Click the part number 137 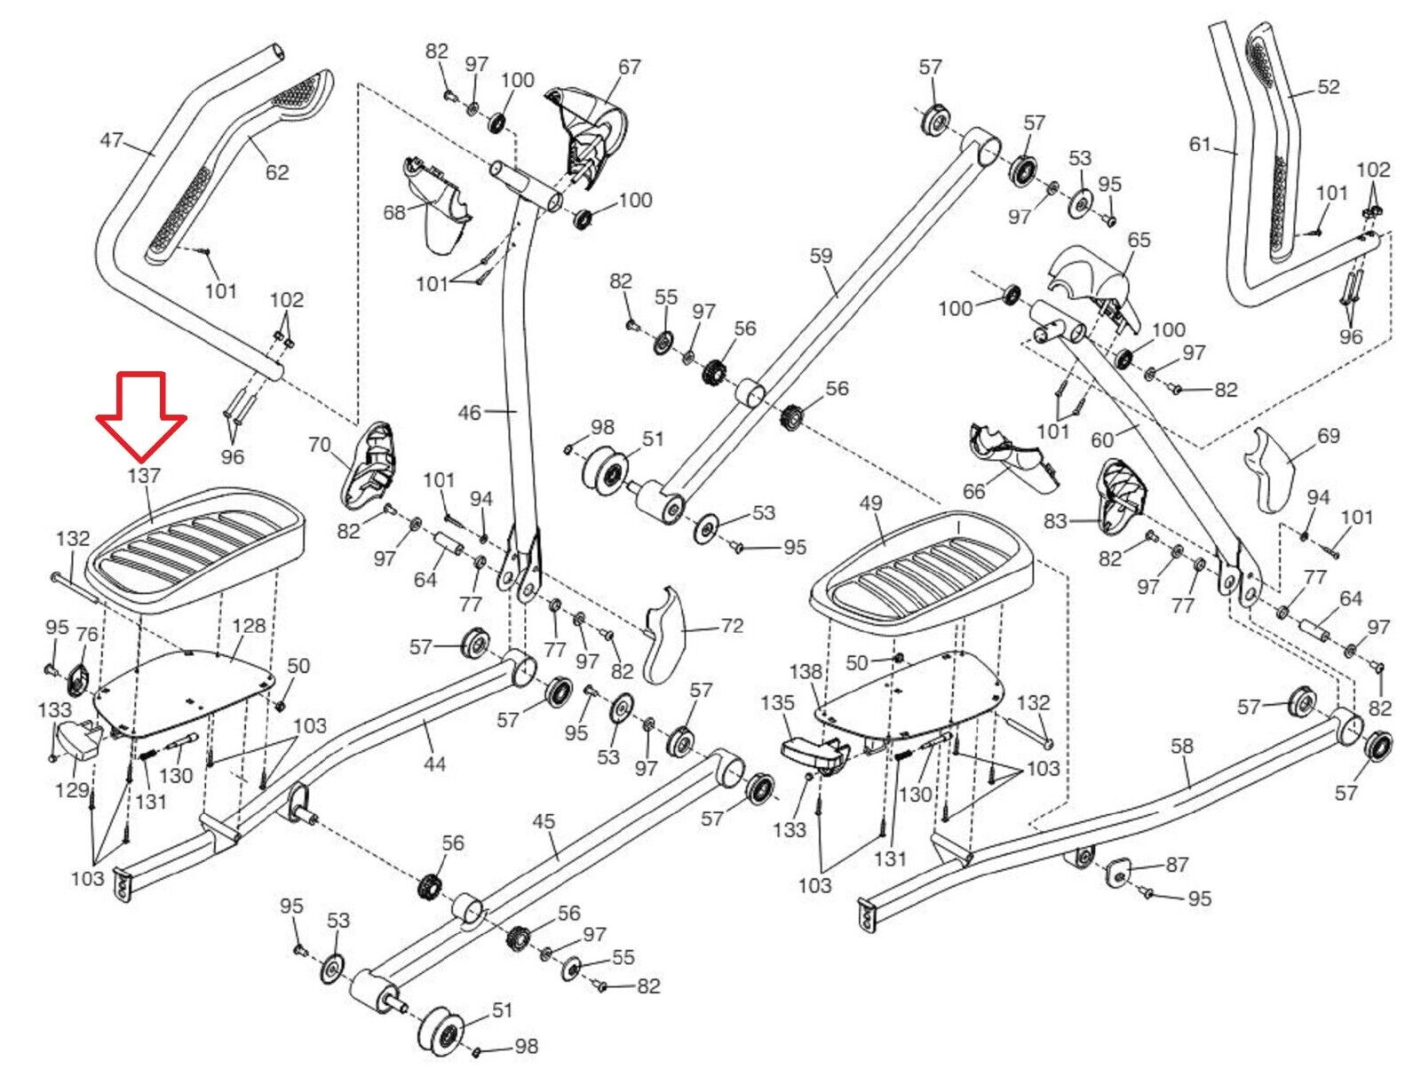point(143,476)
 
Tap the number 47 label point(111,141)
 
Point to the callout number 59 point(822,257)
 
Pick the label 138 point(806,672)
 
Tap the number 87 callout point(1177,865)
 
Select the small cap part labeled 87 point(1118,870)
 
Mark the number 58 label point(1182,747)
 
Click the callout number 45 point(544,821)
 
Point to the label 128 point(249,626)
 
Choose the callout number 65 point(1139,240)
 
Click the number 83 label point(1055,521)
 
